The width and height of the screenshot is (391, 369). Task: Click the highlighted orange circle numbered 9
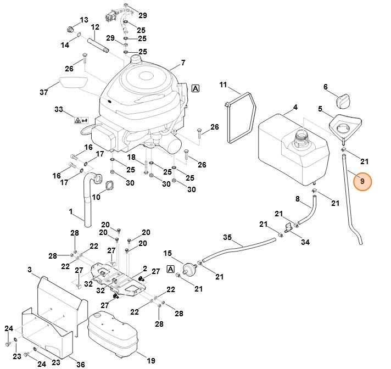362,181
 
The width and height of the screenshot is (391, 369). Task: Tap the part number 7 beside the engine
183,63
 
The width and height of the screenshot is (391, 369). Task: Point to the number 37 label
44,92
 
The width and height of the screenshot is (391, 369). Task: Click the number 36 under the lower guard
80,364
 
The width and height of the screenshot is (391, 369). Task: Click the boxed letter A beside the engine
195,88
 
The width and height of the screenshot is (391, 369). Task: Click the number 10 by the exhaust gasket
96,197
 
